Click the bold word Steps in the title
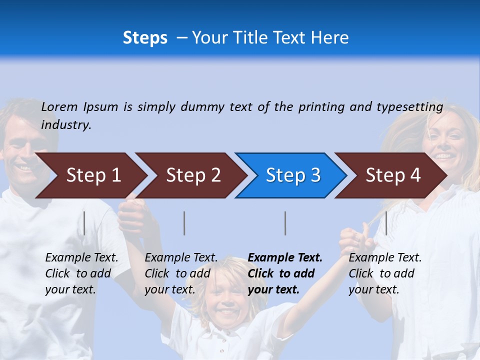(x=145, y=38)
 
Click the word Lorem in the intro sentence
(x=59, y=106)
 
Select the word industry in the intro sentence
(x=65, y=125)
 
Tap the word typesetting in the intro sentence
(x=409, y=106)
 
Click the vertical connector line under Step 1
(x=84, y=223)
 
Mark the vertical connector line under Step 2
(x=184, y=223)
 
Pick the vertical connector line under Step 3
(x=285, y=223)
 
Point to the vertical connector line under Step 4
(x=386, y=223)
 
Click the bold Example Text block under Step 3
(x=285, y=273)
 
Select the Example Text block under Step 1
(x=81, y=273)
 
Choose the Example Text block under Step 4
(x=385, y=273)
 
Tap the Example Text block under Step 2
(x=181, y=273)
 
